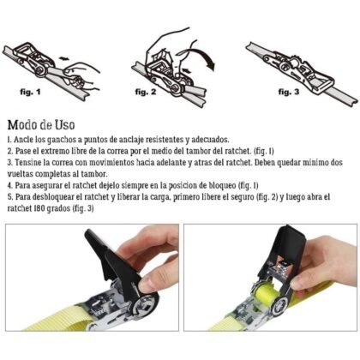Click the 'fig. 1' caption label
coord(30,93)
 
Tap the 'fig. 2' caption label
coord(146,92)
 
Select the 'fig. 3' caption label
coord(289,92)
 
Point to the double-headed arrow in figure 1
coord(63,58)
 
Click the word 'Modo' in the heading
coord(23,124)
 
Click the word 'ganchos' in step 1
coord(60,140)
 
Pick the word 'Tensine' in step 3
coord(28,162)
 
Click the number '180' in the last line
coord(39,208)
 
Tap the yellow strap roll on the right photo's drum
coord(266,294)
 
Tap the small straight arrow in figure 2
coord(187,69)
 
